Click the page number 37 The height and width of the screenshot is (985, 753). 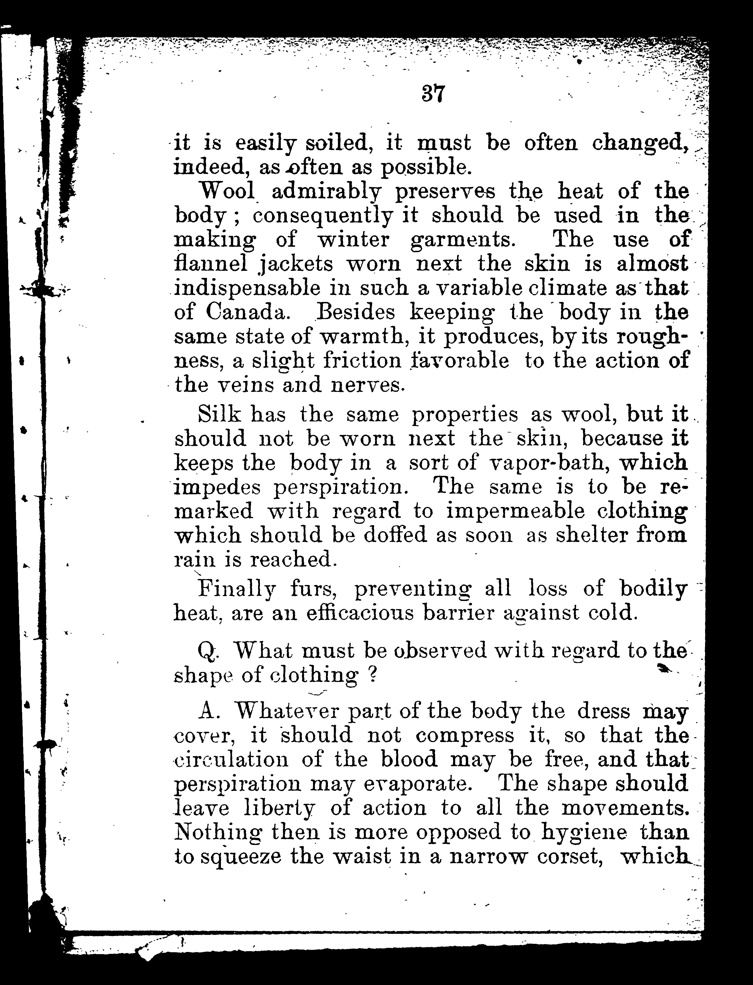click(432, 94)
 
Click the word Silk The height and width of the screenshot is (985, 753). click(220, 414)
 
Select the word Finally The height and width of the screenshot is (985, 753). click(235, 589)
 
